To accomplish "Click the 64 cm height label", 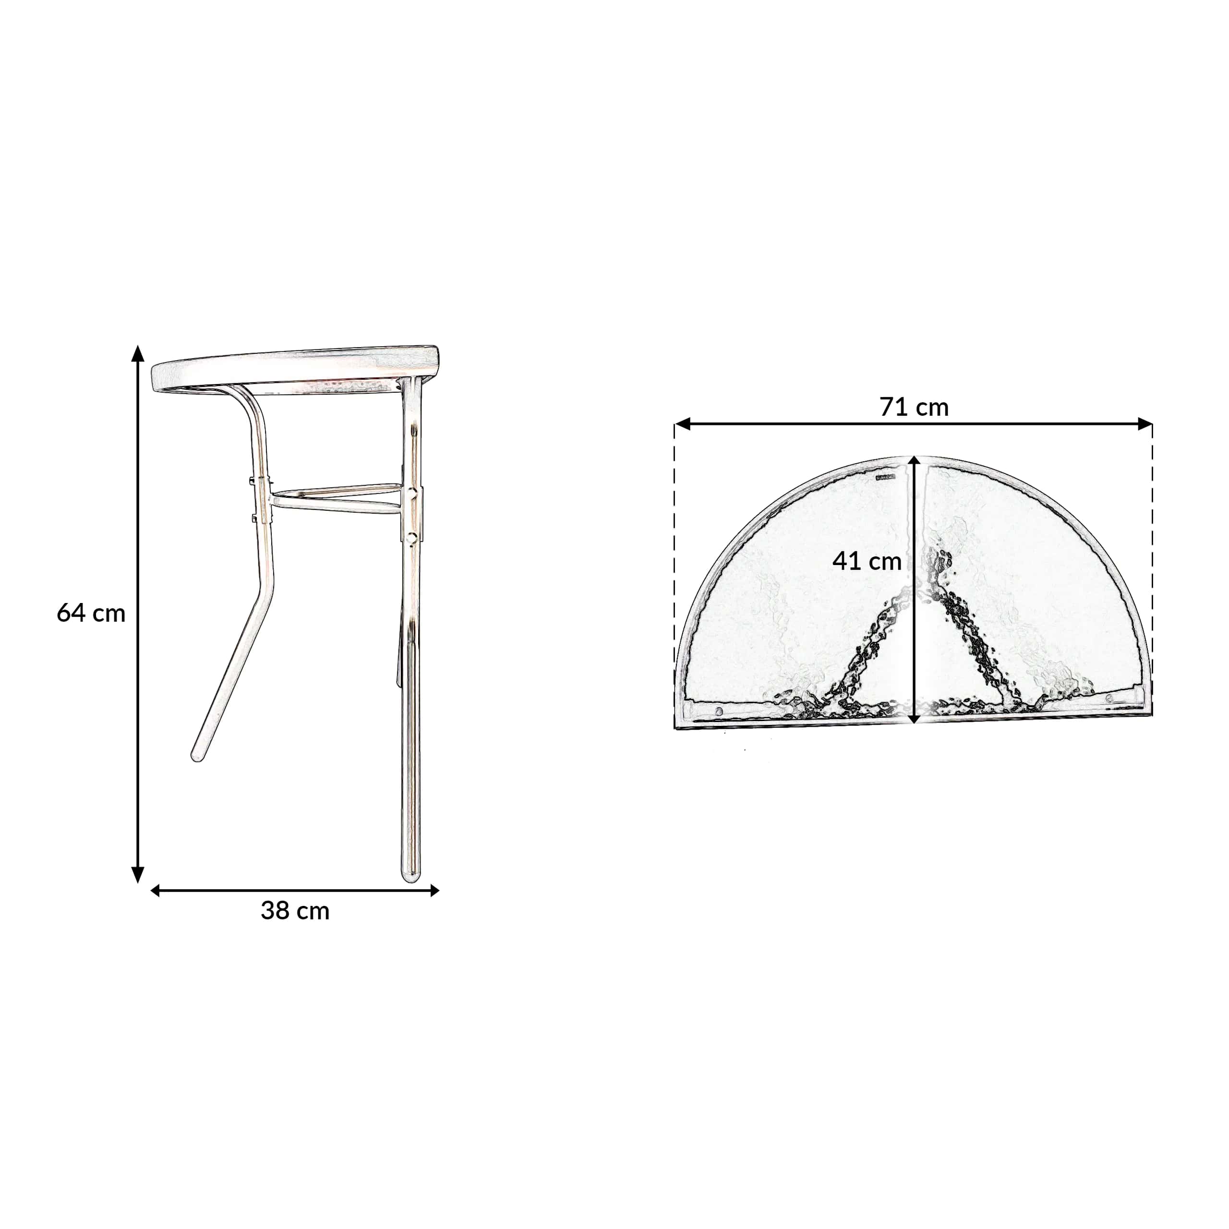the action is point(91,613).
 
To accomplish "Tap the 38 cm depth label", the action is point(295,911).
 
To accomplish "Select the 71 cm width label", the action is point(914,407).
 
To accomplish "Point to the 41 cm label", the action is point(867,561).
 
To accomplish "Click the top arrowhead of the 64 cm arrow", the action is point(137,354).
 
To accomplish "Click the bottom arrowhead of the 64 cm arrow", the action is point(137,875).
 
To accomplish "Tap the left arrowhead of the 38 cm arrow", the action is point(155,891).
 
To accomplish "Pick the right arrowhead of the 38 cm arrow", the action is point(434,891).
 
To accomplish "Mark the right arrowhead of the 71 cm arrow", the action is point(1145,423).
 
